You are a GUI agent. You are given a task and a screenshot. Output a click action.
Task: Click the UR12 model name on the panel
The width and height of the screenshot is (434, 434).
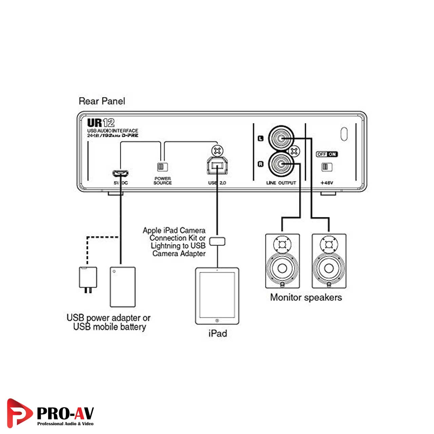click(x=101, y=122)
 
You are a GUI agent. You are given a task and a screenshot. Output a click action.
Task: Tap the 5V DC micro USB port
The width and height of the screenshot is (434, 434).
click(x=120, y=173)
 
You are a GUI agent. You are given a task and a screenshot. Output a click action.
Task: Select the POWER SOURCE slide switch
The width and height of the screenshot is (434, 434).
click(x=162, y=166)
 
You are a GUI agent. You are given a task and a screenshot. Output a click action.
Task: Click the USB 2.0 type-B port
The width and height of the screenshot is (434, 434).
click(x=217, y=166)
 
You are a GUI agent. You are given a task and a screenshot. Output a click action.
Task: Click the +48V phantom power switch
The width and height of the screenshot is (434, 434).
click(x=327, y=166)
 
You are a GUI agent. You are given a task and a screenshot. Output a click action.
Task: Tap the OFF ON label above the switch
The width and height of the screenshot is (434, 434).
click(x=327, y=154)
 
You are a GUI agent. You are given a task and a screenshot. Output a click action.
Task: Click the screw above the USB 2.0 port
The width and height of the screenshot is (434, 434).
click(x=217, y=150)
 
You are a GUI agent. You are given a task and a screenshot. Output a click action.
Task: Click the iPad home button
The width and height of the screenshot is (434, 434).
click(x=217, y=320)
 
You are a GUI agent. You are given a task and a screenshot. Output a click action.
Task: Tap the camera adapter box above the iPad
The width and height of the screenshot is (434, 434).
click(x=217, y=241)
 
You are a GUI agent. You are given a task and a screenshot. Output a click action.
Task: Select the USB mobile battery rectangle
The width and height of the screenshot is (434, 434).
click(x=123, y=287)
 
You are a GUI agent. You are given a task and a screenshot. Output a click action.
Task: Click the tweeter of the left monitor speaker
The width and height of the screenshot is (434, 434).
click(x=282, y=244)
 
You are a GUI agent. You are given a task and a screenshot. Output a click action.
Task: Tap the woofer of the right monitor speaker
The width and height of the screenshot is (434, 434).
click(x=329, y=268)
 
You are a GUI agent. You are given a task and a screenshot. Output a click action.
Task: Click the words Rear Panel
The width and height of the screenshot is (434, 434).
click(x=102, y=101)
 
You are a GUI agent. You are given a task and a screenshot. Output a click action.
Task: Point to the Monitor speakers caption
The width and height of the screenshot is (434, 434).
click(x=306, y=297)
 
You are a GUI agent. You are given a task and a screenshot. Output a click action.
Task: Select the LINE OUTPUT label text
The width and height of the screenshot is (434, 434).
click(x=281, y=183)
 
